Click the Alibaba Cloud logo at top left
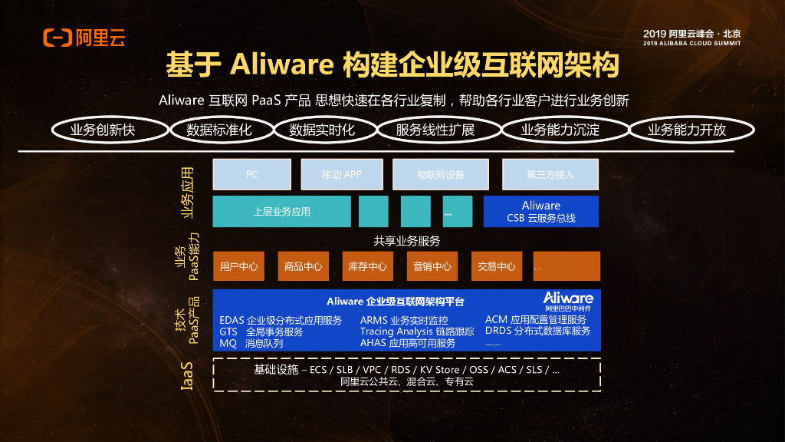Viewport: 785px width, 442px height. click(84, 37)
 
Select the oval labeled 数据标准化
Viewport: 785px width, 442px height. click(218, 130)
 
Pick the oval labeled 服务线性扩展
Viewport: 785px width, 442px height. click(435, 130)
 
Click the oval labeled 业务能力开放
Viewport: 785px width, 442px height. click(687, 130)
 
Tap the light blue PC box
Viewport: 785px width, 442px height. click(251, 174)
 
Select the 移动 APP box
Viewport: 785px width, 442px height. click(341, 174)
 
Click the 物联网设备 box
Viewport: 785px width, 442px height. click(441, 174)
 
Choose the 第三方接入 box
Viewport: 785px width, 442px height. click(550, 174)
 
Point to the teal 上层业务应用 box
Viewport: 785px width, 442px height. click(281, 211)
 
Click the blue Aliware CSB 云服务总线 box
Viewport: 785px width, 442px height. click(540, 211)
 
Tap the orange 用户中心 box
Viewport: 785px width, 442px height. click(238, 266)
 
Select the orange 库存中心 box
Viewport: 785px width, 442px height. click(367, 266)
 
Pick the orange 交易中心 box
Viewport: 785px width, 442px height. click(496, 266)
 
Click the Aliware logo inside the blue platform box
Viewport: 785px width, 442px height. click(568, 300)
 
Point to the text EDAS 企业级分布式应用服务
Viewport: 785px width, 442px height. click(281, 320)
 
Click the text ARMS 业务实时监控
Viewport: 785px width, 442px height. click(404, 320)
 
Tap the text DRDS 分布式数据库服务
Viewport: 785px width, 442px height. click(537, 331)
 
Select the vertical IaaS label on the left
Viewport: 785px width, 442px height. click(187, 376)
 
